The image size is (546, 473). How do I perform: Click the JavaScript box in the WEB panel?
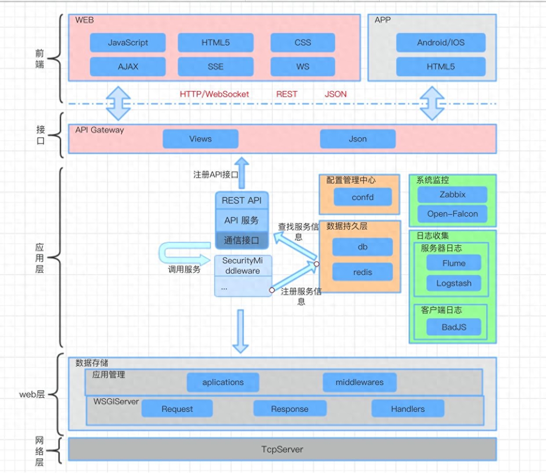click(128, 43)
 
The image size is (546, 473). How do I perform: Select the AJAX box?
click(128, 66)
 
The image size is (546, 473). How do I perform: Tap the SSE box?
click(215, 66)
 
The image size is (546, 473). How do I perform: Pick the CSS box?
click(303, 43)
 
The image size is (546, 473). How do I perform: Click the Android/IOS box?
click(440, 43)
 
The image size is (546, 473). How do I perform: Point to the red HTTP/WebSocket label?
click(214, 94)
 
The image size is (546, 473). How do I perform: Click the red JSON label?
click(335, 94)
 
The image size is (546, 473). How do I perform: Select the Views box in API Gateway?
click(200, 139)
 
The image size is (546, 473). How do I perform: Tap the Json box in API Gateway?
click(358, 139)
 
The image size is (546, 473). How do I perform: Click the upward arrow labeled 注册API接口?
click(242, 173)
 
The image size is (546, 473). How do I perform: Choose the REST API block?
click(242, 200)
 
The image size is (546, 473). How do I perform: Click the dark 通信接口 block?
click(242, 240)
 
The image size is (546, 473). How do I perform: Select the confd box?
click(363, 197)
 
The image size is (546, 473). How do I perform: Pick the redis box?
click(362, 272)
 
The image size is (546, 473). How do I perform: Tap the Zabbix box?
click(452, 194)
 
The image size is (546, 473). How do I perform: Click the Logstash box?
click(454, 283)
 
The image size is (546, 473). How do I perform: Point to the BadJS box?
click(454, 327)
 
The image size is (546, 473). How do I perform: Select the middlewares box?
click(360, 382)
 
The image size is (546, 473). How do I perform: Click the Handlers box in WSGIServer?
click(408, 409)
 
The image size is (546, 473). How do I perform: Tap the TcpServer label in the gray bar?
click(282, 449)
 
